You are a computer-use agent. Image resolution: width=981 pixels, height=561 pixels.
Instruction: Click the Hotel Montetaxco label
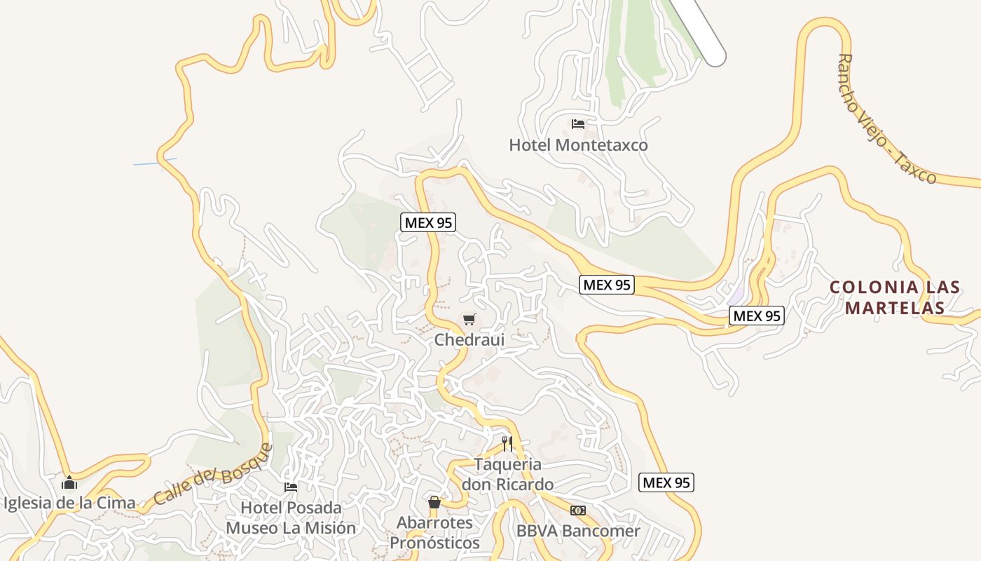578,145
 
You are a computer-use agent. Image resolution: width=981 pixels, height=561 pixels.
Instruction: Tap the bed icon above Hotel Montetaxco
578,124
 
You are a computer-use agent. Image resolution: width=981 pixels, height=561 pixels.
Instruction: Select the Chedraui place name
469,339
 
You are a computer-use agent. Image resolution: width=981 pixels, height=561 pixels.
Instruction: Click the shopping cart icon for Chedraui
469,320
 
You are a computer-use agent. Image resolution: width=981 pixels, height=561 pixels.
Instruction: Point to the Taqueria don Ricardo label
507,474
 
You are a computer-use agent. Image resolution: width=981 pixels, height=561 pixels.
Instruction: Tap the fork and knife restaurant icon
507,443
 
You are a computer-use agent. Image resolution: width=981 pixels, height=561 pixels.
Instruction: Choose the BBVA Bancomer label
578,531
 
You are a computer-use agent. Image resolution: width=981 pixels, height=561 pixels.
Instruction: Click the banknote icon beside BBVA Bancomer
578,511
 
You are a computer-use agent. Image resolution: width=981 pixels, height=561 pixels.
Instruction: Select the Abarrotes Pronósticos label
434,532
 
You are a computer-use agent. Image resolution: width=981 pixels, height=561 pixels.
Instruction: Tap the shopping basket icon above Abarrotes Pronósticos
434,502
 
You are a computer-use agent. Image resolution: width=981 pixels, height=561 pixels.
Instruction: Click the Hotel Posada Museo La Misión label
291,518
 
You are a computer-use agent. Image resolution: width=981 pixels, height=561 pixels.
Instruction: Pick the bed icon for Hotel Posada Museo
291,487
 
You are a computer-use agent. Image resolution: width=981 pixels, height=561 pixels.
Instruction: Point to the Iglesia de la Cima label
69,503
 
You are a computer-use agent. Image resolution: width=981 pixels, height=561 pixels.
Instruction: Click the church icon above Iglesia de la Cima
69,482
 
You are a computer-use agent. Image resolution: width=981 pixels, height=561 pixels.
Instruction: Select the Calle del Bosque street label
212,475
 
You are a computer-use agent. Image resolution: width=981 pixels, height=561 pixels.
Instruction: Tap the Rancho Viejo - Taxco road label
886,119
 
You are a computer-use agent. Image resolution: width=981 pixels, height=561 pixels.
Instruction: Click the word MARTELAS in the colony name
895,307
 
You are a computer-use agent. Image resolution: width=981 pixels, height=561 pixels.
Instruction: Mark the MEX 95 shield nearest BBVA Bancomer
666,482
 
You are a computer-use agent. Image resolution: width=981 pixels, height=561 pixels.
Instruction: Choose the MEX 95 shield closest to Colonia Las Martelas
756,316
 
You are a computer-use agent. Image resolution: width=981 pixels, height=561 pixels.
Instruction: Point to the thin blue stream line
154,162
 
